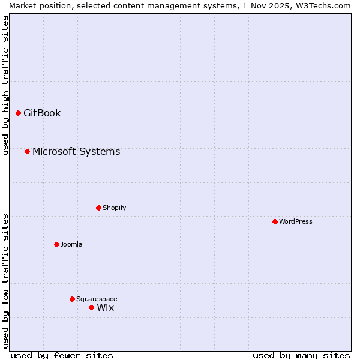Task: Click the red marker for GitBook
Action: pyautogui.click(x=18, y=113)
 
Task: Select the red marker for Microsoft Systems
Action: pyautogui.click(x=27, y=151)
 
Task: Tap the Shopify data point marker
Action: pyautogui.click(x=98, y=208)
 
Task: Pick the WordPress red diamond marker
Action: pyautogui.click(x=275, y=221)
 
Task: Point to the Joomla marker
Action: pyautogui.click(x=56, y=244)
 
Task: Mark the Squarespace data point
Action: pyautogui.click(x=72, y=299)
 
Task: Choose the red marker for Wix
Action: pyautogui.click(x=91, y=307)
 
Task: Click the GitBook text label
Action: pyautogui.click(x=42, y=113)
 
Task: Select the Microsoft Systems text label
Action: pyautogui.click(x=76, y=151)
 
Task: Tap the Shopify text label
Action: pyautogui.click(x=114, y=208)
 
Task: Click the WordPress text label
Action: pyautogui.click(x=296, y=221)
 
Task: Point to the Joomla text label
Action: pyautogui.click(x=71, y=244)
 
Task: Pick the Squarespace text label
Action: pyautogui.click(x=97, y=299)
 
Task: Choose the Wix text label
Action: pyautogui.click(x=105, y=307)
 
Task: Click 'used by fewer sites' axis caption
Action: pyautogui.click(x=62, y=355)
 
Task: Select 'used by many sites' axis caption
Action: pyautogui.click(x=301, y=355)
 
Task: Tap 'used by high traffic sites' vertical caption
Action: pyautogui.click(x=5, y=86)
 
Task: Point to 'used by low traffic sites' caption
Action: pyautogui.click(x=5, y=281)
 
